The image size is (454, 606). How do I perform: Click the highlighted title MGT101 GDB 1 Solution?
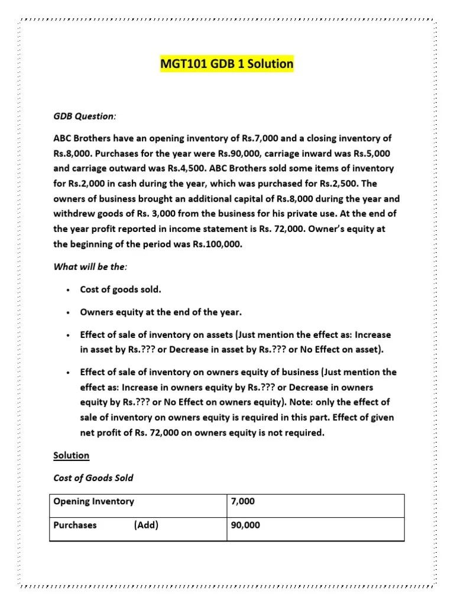pos(226,63)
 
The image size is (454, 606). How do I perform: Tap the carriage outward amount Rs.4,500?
pos(183,168)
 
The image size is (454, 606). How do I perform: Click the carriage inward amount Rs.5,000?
pos(372,153)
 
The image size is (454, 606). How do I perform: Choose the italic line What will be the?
pos(90,267)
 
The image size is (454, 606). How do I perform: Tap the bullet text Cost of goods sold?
pos(120,289)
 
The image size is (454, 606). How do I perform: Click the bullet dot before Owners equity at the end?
pos(69,312)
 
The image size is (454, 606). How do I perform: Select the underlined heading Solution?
pos(71,455)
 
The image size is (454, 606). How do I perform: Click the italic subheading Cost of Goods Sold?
pos(93,478)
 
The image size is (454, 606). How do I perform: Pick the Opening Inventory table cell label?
pos(93,501)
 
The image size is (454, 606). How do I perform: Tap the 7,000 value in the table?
pos(243,501)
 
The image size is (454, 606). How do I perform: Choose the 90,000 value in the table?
pos(245,524)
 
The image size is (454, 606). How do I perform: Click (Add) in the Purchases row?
pos(146,524)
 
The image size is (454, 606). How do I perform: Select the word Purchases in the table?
pos(75,524)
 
